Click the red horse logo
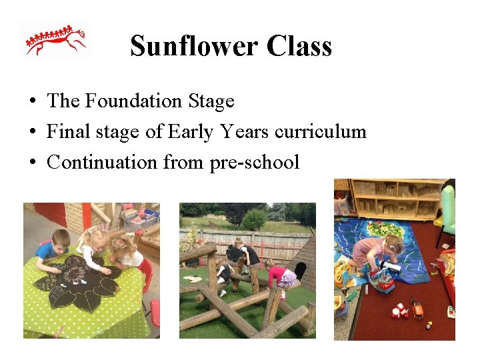point(56,41)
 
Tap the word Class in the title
point(299,46)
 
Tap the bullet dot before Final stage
point(32,132)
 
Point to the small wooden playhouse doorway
point(301,271)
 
